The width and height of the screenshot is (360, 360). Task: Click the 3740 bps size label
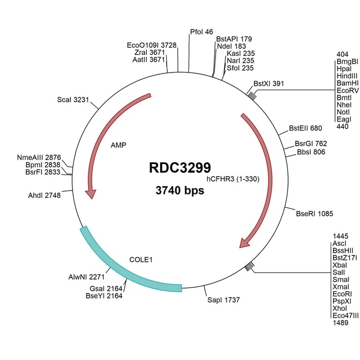coord(179,191)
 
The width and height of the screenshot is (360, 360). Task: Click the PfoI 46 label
coord(201,32)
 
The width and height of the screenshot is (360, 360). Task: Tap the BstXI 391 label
coord(269,84)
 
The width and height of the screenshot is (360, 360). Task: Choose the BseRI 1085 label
coord(314,213)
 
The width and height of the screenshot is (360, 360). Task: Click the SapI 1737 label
coord(223,299)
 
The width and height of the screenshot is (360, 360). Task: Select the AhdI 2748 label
coord(44,196)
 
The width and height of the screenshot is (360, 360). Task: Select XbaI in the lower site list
coord(340,266)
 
